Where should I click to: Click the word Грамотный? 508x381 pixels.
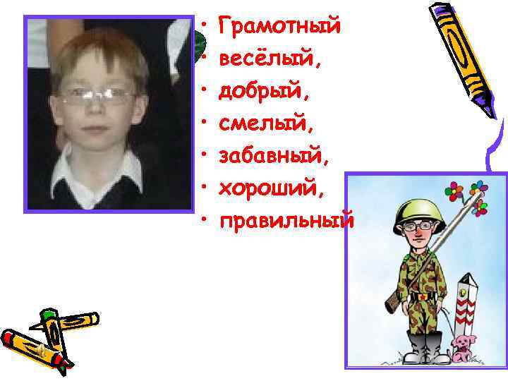coord(280,26)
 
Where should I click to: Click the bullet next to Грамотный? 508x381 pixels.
coord(203,26)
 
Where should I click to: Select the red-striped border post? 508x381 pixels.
coord(465,310)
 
